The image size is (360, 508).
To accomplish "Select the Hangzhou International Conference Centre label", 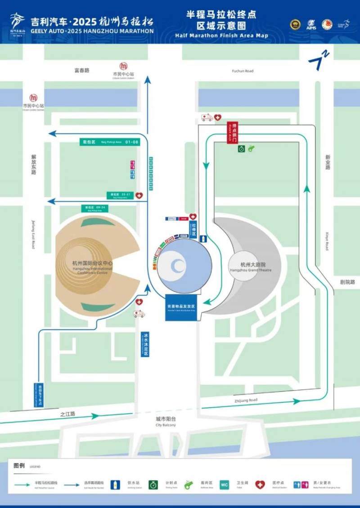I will (x=93, y=266).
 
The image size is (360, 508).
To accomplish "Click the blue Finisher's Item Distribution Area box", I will (x=181, y=307).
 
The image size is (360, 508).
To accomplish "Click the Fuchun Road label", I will (x=243, y=71).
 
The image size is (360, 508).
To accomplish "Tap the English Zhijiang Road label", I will (x=246, y=400).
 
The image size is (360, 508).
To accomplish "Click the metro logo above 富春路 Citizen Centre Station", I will (x=123, y=66).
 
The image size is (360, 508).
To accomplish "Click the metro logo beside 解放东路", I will (x=33, y=98).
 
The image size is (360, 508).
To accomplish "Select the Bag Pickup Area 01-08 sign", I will (x=109, y=142).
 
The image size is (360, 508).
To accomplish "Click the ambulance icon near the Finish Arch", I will (x=207, y=117).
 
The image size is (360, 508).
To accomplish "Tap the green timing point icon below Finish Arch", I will (x=242, y=148).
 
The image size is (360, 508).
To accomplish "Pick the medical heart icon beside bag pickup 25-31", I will (x=139, y=196).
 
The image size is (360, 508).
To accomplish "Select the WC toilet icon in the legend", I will (x=225, y=485).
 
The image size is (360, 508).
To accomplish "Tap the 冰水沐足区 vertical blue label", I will (x=146, y=344).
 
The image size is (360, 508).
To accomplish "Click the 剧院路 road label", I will (x=347, y=282).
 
